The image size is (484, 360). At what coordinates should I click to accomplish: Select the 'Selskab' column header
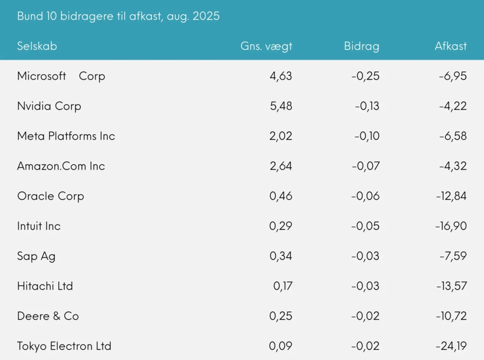click(37, 46)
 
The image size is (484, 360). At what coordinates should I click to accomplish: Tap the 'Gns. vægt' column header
click(266, 46)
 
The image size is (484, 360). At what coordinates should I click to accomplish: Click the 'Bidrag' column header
click(362, 46)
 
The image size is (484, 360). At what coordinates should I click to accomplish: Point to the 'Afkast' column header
click(450, 46)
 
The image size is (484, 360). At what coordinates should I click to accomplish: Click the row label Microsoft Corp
click(61, 76)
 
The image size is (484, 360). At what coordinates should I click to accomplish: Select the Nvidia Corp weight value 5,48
click(281, 106)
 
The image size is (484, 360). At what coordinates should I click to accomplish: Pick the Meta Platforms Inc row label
click(66, 136)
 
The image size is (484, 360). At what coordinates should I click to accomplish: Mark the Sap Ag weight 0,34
click(281, 256)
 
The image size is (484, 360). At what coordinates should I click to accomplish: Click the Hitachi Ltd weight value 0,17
click(283, 286)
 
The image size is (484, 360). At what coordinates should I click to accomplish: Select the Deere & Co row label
click(48, 316)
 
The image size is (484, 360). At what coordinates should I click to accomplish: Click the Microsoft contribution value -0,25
click(365, 76)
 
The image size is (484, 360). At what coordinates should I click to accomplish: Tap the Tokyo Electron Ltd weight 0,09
click(281, 346)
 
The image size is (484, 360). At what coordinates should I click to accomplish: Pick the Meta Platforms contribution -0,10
click(366, 136)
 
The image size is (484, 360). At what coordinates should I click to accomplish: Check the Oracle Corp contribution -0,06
click(365, 196)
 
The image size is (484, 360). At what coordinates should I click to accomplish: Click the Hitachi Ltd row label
click(45, 286)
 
